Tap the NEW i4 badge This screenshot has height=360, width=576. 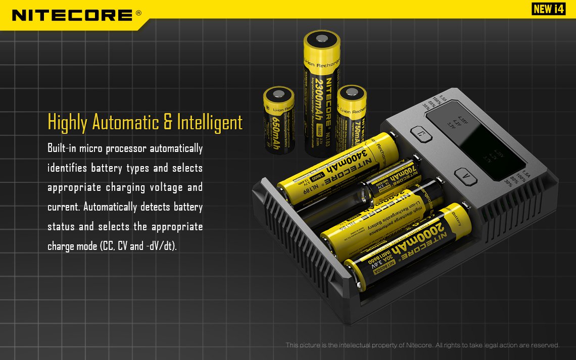548,9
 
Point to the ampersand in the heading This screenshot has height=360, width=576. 168,123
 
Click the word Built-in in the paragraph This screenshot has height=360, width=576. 61,148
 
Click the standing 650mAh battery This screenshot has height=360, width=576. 279,121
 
